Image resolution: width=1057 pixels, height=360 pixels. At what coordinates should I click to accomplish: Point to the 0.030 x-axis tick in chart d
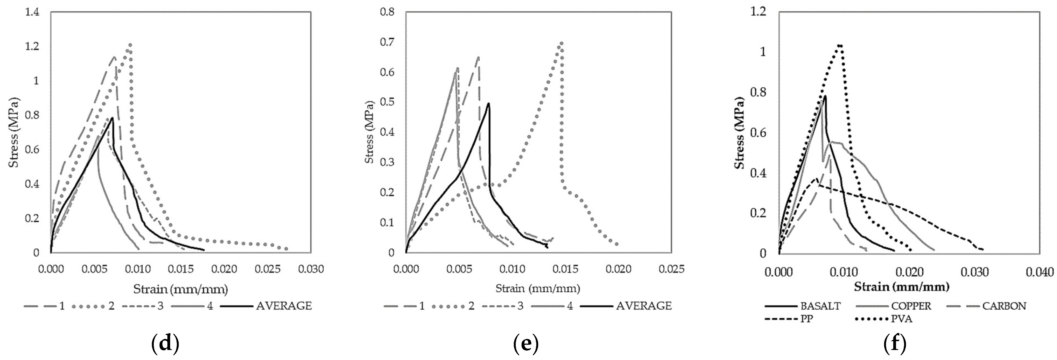(310, 269)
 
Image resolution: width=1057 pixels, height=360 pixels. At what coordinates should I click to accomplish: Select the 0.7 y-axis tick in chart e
(387, 42)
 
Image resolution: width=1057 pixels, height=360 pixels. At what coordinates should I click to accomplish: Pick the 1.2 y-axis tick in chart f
(758, 12)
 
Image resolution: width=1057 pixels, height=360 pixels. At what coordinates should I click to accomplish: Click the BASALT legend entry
(804, 306)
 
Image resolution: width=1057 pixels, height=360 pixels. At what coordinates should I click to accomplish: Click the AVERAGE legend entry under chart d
(266, 306)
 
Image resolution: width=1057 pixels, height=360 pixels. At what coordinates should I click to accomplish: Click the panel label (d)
(165, 344)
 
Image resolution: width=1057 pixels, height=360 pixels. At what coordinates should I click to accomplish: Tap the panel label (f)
(894, 344)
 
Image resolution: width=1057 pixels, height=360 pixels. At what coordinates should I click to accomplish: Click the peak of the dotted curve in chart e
(561, 42)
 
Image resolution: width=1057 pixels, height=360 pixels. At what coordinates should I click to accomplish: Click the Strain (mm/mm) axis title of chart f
(902, 287)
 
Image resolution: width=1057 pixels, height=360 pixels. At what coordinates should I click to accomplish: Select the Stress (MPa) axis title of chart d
(15, 132)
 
